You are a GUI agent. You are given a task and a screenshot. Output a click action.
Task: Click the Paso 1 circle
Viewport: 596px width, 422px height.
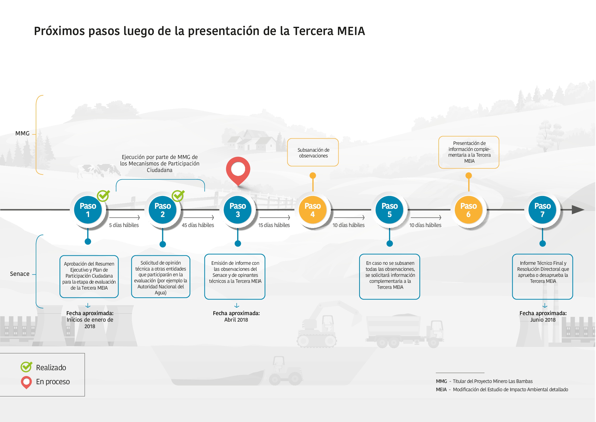coord(88,210)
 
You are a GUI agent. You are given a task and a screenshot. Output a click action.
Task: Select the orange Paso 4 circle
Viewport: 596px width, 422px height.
coord(313,210)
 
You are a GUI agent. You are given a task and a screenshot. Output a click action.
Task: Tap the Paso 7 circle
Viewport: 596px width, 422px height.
coord(542,210)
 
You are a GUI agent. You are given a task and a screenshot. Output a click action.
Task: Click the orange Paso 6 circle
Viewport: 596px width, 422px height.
coord(468,210)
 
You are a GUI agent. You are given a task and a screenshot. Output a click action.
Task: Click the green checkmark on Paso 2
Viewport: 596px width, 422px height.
coord(178,196)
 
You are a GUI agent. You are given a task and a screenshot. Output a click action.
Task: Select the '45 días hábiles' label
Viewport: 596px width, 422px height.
coord(198,225)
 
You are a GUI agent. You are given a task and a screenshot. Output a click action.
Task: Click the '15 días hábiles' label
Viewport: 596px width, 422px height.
coord(274,225)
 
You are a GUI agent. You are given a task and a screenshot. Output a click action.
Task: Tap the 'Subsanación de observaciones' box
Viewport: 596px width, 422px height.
coord(313,152)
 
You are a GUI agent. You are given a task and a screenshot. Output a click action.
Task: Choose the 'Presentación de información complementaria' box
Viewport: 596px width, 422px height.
coord(468,152)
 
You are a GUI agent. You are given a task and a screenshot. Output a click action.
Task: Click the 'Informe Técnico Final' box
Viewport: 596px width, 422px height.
coord(542,277)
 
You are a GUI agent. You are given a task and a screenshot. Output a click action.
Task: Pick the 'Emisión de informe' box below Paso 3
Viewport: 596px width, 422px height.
coord(235,277)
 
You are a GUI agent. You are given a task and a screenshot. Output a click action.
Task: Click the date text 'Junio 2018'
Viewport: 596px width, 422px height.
coord(543,320)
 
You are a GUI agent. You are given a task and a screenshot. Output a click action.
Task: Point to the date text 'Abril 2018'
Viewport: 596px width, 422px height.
coord(236,320)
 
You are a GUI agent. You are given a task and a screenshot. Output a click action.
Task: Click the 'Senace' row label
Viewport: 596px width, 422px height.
coord(20,274)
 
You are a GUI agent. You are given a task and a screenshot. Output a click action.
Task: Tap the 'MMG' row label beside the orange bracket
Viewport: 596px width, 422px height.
coord(22,133)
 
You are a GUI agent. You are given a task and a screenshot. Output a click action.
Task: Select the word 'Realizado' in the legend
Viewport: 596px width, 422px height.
coord(51,367)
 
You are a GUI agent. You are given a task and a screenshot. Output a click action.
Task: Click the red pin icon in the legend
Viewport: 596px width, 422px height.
coord(26,382)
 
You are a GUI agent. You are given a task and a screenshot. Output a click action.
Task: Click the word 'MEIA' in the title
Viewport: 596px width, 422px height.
coord(351,31)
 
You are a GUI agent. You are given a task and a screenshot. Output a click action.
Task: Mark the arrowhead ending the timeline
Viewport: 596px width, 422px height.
coord(578,210)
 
